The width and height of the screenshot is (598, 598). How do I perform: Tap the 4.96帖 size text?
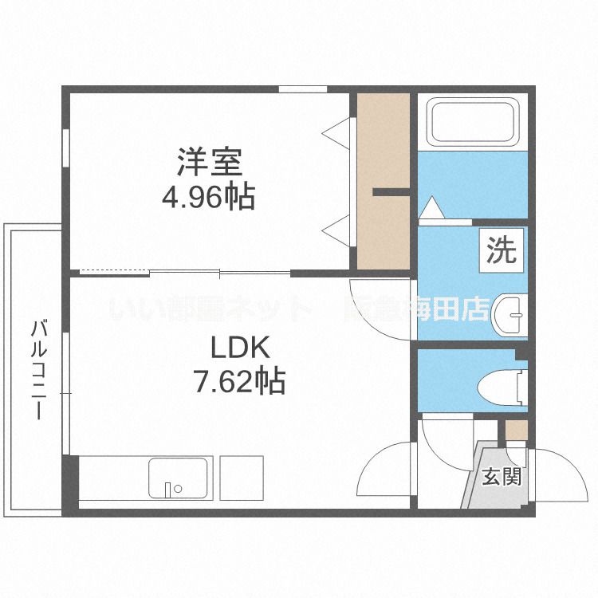click(x=209, y=196)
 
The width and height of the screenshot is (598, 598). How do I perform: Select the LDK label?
click(x=241, y=348)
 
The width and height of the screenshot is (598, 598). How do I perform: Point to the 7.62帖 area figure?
click(x=240, y=382)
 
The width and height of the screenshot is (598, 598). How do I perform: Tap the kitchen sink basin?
click(x=179, y=478)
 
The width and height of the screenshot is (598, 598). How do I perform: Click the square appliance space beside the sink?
click(x=241, y=478)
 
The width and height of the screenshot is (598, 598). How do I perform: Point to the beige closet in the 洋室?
click(x=383, y=182)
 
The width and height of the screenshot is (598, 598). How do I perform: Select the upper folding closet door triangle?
click(x=338, y=132)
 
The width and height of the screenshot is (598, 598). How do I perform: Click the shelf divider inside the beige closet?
click(x=391, y=191)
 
